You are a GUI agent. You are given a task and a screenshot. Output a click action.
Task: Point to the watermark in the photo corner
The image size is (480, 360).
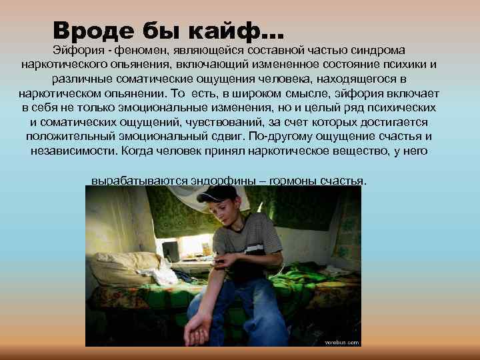click(x=342, y=342)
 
